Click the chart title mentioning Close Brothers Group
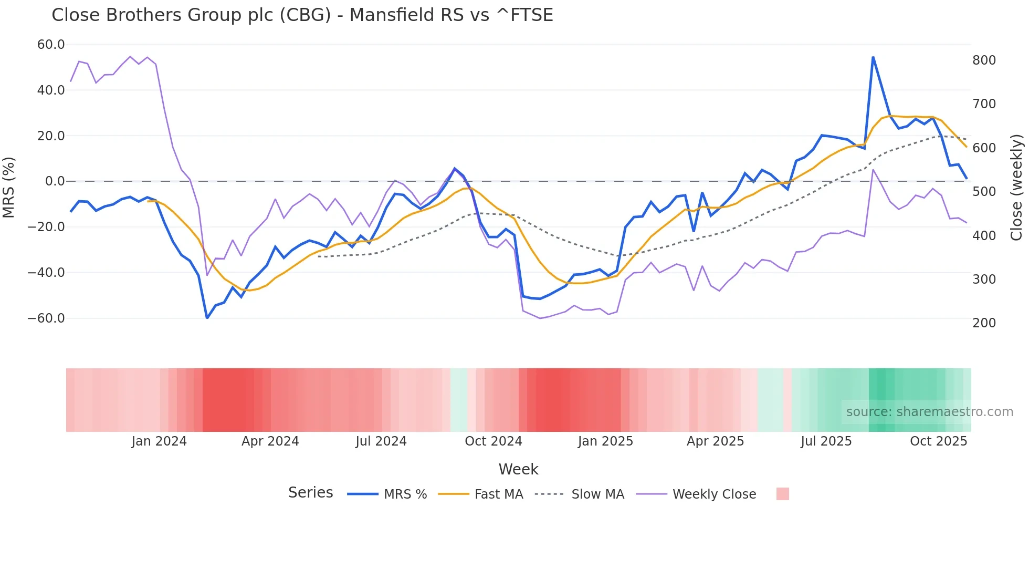click(x=302, y=15)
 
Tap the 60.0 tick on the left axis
click(x=51, y=45)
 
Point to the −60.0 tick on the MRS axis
click(x=46, y=318)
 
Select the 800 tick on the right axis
click(x=984, y=60)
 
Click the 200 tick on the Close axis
click(x=984, y=323)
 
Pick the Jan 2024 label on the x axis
click(x=159, y=441)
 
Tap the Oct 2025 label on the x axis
click(x=938, y=441)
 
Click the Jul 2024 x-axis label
click(x=381, y=441)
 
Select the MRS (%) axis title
click(x=9, y=187)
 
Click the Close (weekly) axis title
click(x=1016, y=187)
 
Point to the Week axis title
click(x=518, y=469)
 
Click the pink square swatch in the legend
click(x=782, y=494)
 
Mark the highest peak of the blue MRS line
click(x=873, y=57)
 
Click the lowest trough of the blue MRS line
click(x=207, y=318)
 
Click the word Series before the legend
click(x=310, y=493)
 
